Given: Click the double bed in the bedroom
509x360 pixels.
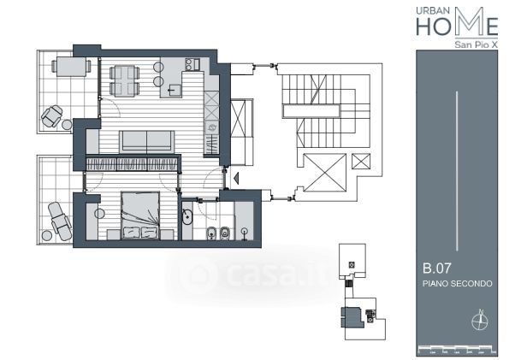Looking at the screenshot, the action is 140,215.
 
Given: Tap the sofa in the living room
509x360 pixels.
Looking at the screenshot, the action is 147,142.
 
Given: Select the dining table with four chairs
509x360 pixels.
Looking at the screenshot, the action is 125,81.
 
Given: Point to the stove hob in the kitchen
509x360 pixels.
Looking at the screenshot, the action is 192,64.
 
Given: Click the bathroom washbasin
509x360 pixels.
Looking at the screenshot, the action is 187,217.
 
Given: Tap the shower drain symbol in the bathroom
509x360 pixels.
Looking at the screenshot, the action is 244,233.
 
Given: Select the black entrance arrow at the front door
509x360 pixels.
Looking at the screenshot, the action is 236,178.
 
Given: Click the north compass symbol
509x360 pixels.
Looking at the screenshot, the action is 479,320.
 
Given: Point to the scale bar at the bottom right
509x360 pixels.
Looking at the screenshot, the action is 458,350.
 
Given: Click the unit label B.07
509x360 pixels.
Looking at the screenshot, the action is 437,269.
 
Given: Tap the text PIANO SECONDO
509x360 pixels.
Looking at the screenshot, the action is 458,283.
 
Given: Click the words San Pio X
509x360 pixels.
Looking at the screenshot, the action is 476,44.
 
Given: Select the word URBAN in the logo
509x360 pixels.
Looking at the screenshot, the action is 433,11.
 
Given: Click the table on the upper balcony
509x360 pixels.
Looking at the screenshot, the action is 71,67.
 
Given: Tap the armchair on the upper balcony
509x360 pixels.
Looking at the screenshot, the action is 52,116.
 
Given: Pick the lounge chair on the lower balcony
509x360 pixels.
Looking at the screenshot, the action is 60,221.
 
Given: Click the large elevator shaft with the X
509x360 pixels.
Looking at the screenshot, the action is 324,173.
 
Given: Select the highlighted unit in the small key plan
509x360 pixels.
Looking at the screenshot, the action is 352,317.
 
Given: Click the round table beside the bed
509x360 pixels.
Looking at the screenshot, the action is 99,214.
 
